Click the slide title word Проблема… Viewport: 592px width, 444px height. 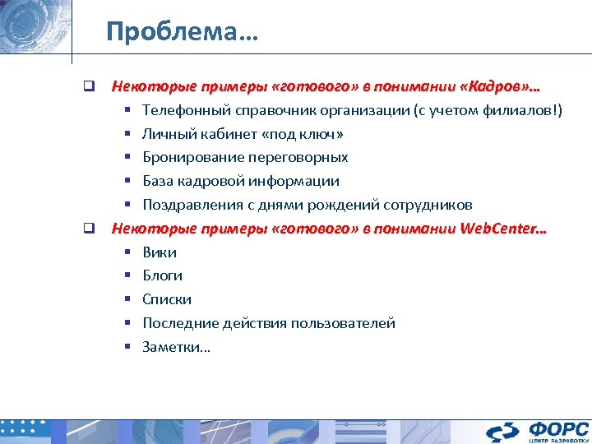[182, 32]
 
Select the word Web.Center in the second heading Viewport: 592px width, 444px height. [499, 229]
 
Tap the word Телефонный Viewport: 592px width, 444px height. [183, 109]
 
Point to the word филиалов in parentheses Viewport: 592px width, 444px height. [520, 109]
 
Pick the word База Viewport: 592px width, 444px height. [159, 181]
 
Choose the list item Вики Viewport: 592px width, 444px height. [160, 252]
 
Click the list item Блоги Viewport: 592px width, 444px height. [162, 275]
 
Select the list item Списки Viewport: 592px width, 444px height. [167, 299]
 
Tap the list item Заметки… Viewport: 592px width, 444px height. [176, 347]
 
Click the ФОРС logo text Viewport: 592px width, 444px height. [558, 428]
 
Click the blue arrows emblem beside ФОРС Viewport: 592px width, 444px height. [503, 432]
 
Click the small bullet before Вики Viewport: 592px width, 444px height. [128, 252]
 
